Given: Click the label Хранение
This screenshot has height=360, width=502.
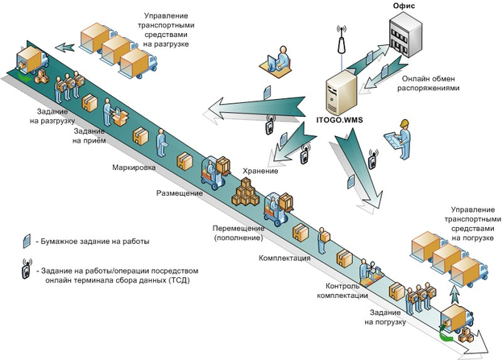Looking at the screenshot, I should click(x=260, y=171).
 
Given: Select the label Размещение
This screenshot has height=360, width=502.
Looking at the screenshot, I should click(x=180, y=193).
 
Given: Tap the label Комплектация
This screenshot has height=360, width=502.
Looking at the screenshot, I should click(x=284, y=259).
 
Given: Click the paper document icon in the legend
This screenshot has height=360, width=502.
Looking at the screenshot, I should click(x=27, y=241).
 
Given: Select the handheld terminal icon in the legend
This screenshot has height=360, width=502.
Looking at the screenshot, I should click(x=27, y=273).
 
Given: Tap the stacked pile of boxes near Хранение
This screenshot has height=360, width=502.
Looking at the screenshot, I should click(x=246, y=192).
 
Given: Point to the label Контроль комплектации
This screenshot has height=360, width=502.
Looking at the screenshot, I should click(x=346, y=291).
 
